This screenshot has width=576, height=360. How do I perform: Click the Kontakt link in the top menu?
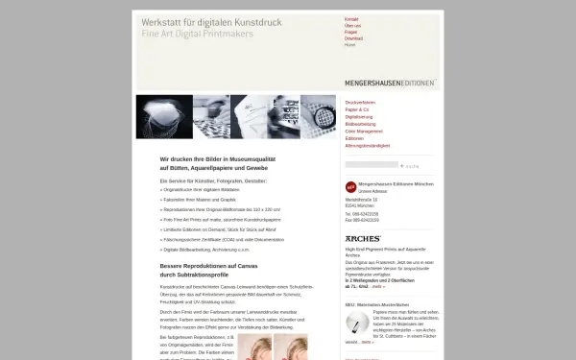351,19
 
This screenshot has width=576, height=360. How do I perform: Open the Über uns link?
352,26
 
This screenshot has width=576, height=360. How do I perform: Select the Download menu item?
354,38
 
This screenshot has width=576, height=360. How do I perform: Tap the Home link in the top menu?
349,45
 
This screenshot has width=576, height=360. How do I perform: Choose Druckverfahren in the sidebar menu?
360,101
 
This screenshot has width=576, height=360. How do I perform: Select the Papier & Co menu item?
357,108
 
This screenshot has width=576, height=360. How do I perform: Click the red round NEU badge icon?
350,187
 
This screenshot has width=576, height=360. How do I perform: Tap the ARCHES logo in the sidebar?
363,237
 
